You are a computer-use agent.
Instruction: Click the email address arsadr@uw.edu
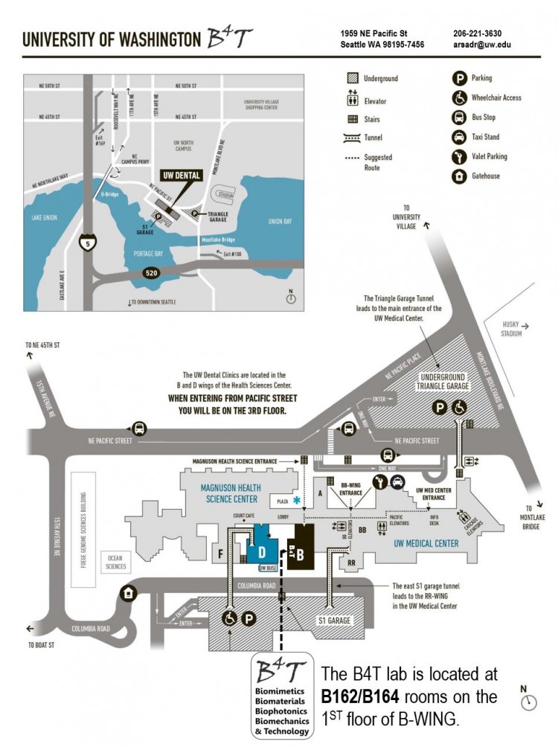pos(481,45)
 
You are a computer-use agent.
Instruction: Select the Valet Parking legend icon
pos(459,156)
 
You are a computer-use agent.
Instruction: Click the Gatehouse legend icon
pos(459,176)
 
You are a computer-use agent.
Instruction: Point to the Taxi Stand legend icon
pos(459,137)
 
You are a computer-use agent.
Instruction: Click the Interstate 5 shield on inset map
pos(88,241)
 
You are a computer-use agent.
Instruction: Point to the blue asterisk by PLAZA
pos(298,500)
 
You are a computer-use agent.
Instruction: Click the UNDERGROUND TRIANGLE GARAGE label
pos(440,382)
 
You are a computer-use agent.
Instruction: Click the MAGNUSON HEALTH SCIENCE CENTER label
pos(222,493)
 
